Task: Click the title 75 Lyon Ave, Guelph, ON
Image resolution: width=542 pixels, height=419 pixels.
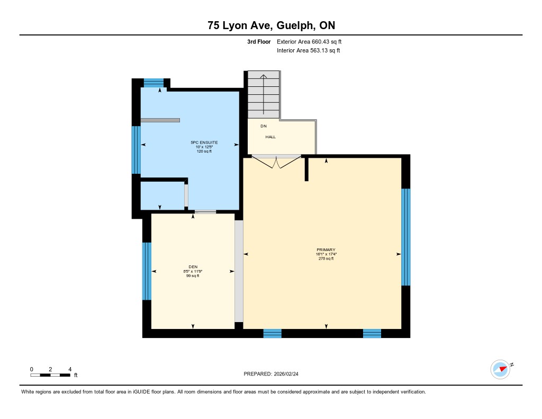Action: click(x=272, y=25)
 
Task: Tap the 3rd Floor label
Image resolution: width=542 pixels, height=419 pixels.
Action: click(x=259, y=42)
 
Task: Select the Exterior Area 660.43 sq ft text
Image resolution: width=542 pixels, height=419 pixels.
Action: click(x=309, y=42)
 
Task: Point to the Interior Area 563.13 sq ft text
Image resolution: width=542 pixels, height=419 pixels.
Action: click(x=309, y=50)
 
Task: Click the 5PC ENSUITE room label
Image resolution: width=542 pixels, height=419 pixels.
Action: click(x=204, y=142)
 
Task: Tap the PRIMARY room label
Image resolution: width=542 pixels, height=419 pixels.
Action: click(x=326, y=249)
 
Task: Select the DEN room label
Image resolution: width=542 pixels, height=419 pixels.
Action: click(x=193, y=267)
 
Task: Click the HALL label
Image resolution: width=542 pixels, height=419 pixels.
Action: click(x=270, y=137)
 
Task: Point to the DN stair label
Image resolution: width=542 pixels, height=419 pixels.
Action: click(x=264, y=126)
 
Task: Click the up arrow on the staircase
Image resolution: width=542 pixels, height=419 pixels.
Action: click(x=264, y=94)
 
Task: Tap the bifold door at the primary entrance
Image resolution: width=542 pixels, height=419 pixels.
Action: click(x=276, y=162)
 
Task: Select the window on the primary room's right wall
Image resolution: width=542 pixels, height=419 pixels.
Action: click(x=406, y=237)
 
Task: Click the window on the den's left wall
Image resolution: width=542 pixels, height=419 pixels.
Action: click(x=147, y=271)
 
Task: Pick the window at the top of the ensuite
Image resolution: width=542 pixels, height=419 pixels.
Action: click(x=153, y=83)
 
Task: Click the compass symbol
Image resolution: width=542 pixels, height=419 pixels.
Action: click(x=500, y=369)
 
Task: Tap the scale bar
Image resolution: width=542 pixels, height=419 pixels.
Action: click(x=50, y=375)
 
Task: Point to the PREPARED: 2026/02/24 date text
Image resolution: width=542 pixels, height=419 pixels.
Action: click(x=271, y=374)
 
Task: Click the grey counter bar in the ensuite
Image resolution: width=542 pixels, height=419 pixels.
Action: click(x=160, y=120)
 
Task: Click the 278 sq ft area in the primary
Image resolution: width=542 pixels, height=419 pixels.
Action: click(x=326, y=258)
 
